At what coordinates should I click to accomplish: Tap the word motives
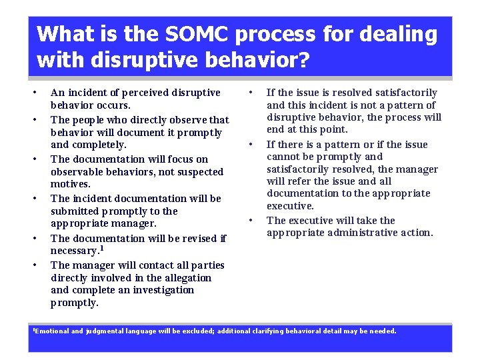click(x=71, y=184)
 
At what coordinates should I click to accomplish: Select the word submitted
click(x=78, y=211)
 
